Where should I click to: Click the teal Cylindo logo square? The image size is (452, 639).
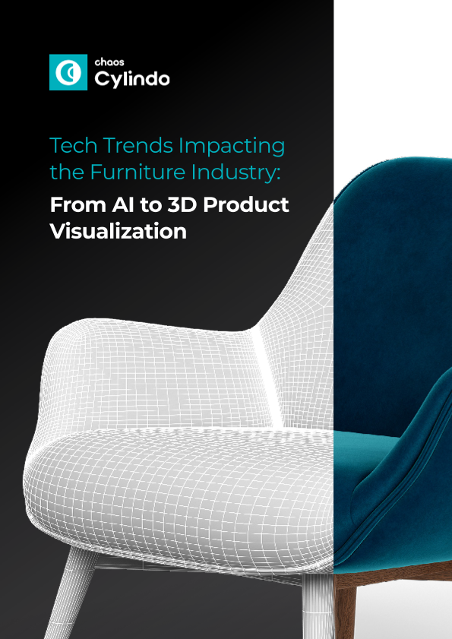pos(68,72)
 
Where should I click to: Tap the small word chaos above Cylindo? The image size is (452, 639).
pos(109,62)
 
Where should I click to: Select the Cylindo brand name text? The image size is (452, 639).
pos(132,79)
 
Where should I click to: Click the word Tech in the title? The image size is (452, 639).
pos(74,146)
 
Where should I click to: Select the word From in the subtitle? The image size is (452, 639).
pos(77,205)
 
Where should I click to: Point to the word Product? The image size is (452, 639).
pos(246,205)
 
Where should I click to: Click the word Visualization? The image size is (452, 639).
pos(119,232)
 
